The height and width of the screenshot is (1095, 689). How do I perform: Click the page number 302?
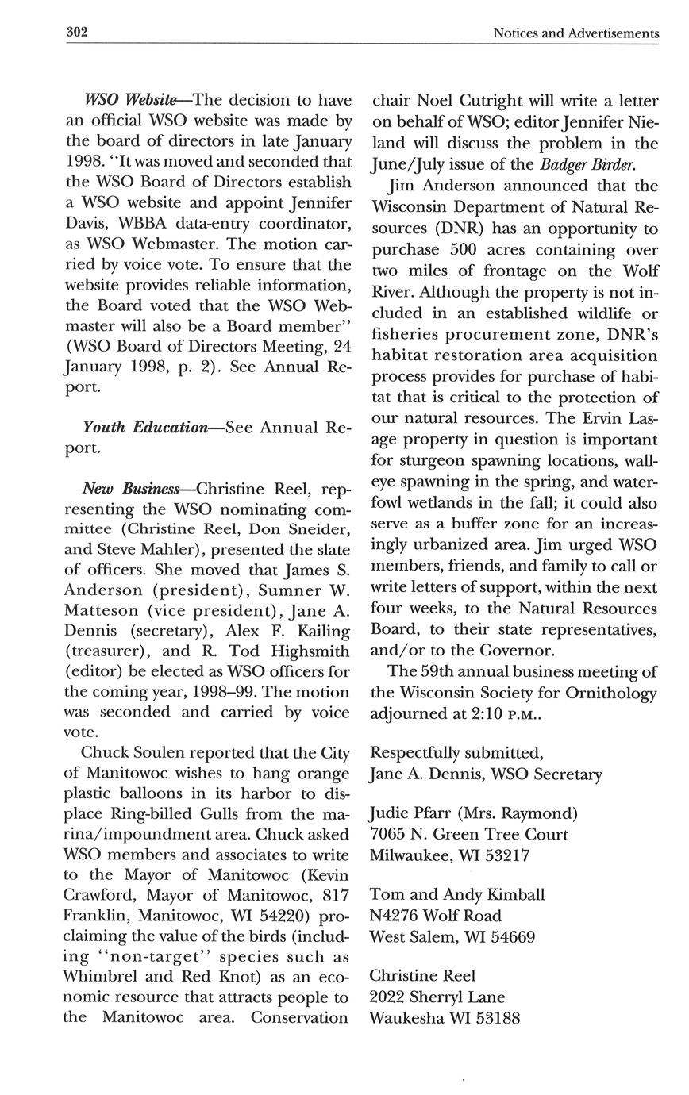pos(76,33)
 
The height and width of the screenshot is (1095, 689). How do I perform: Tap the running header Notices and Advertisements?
pos(575,33)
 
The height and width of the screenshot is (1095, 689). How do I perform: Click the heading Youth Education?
pos(144,427)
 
